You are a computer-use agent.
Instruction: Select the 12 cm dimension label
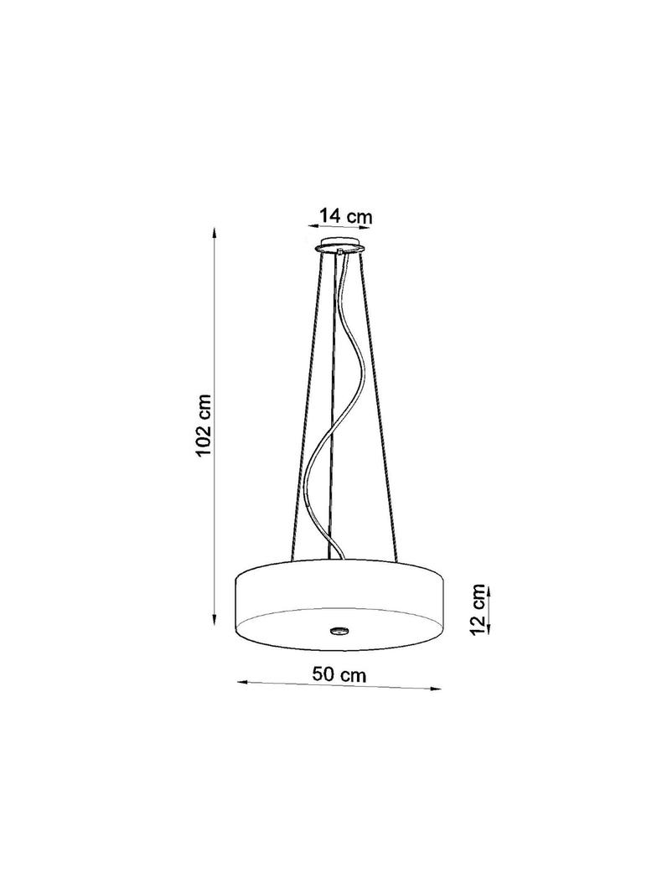(479, 608)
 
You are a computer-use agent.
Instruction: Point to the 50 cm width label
(339, 675)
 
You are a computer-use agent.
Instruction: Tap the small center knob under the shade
(339, 631)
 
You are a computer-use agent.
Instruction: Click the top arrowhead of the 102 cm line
(214, 233)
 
